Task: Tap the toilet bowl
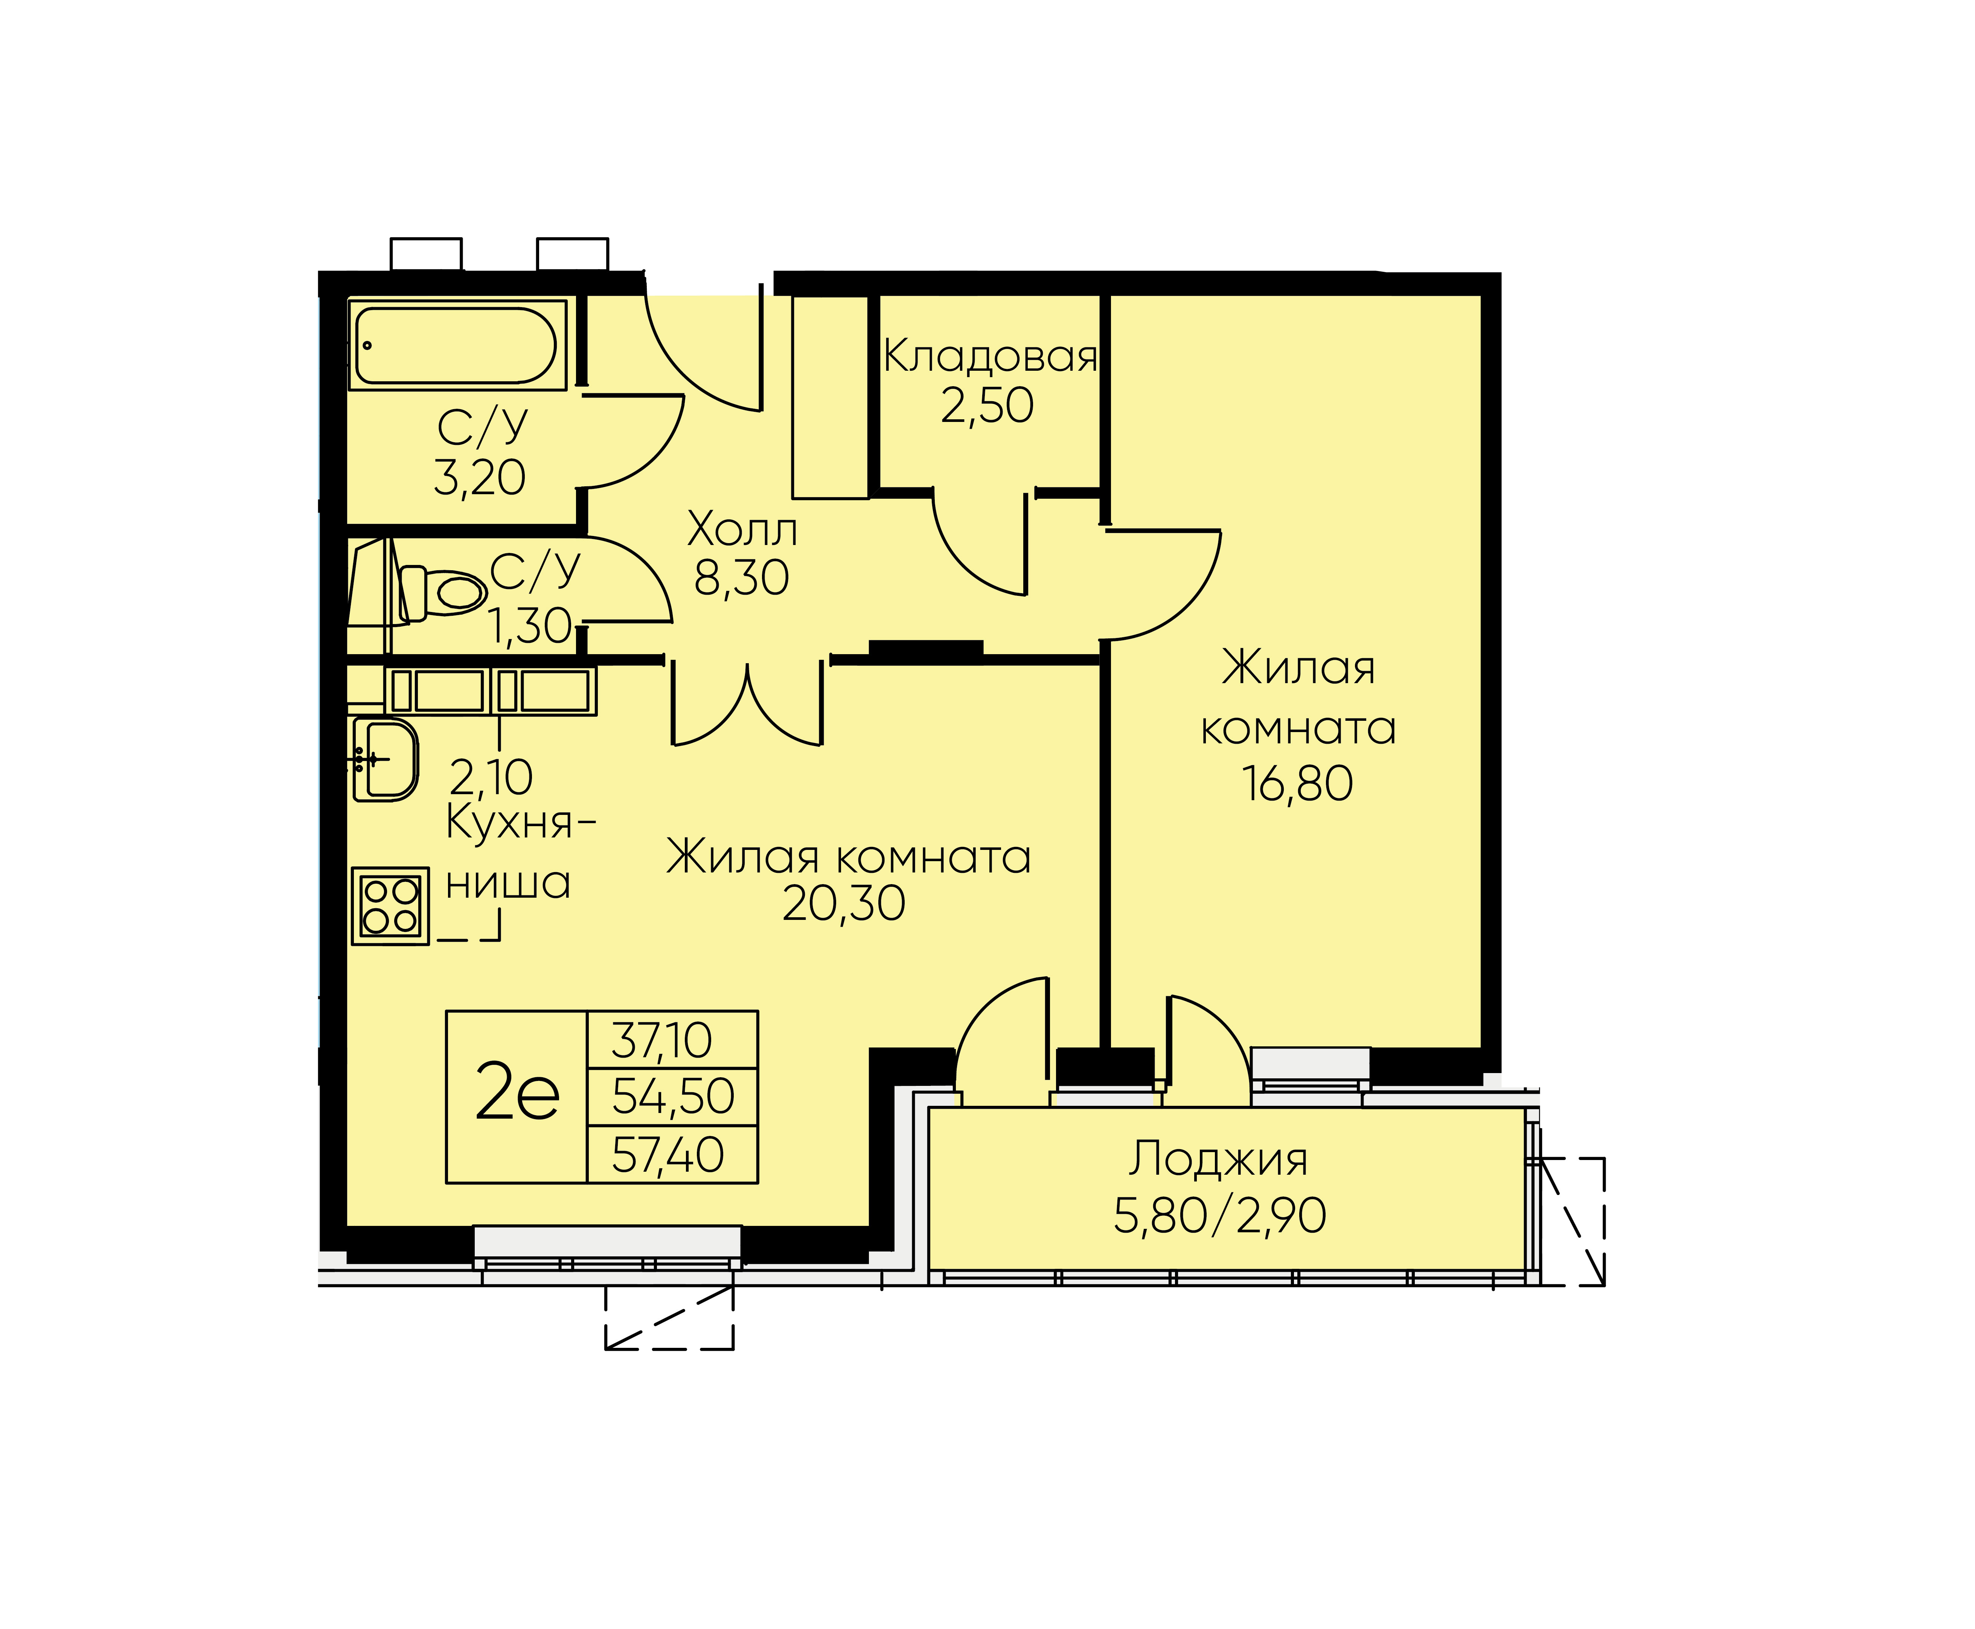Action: [443, 593]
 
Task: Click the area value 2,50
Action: [987, 405]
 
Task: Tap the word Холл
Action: [742, 530]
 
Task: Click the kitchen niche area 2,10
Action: [491, 777]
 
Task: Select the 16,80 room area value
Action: [1298, 784]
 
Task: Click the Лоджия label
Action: [1218, 1159]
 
